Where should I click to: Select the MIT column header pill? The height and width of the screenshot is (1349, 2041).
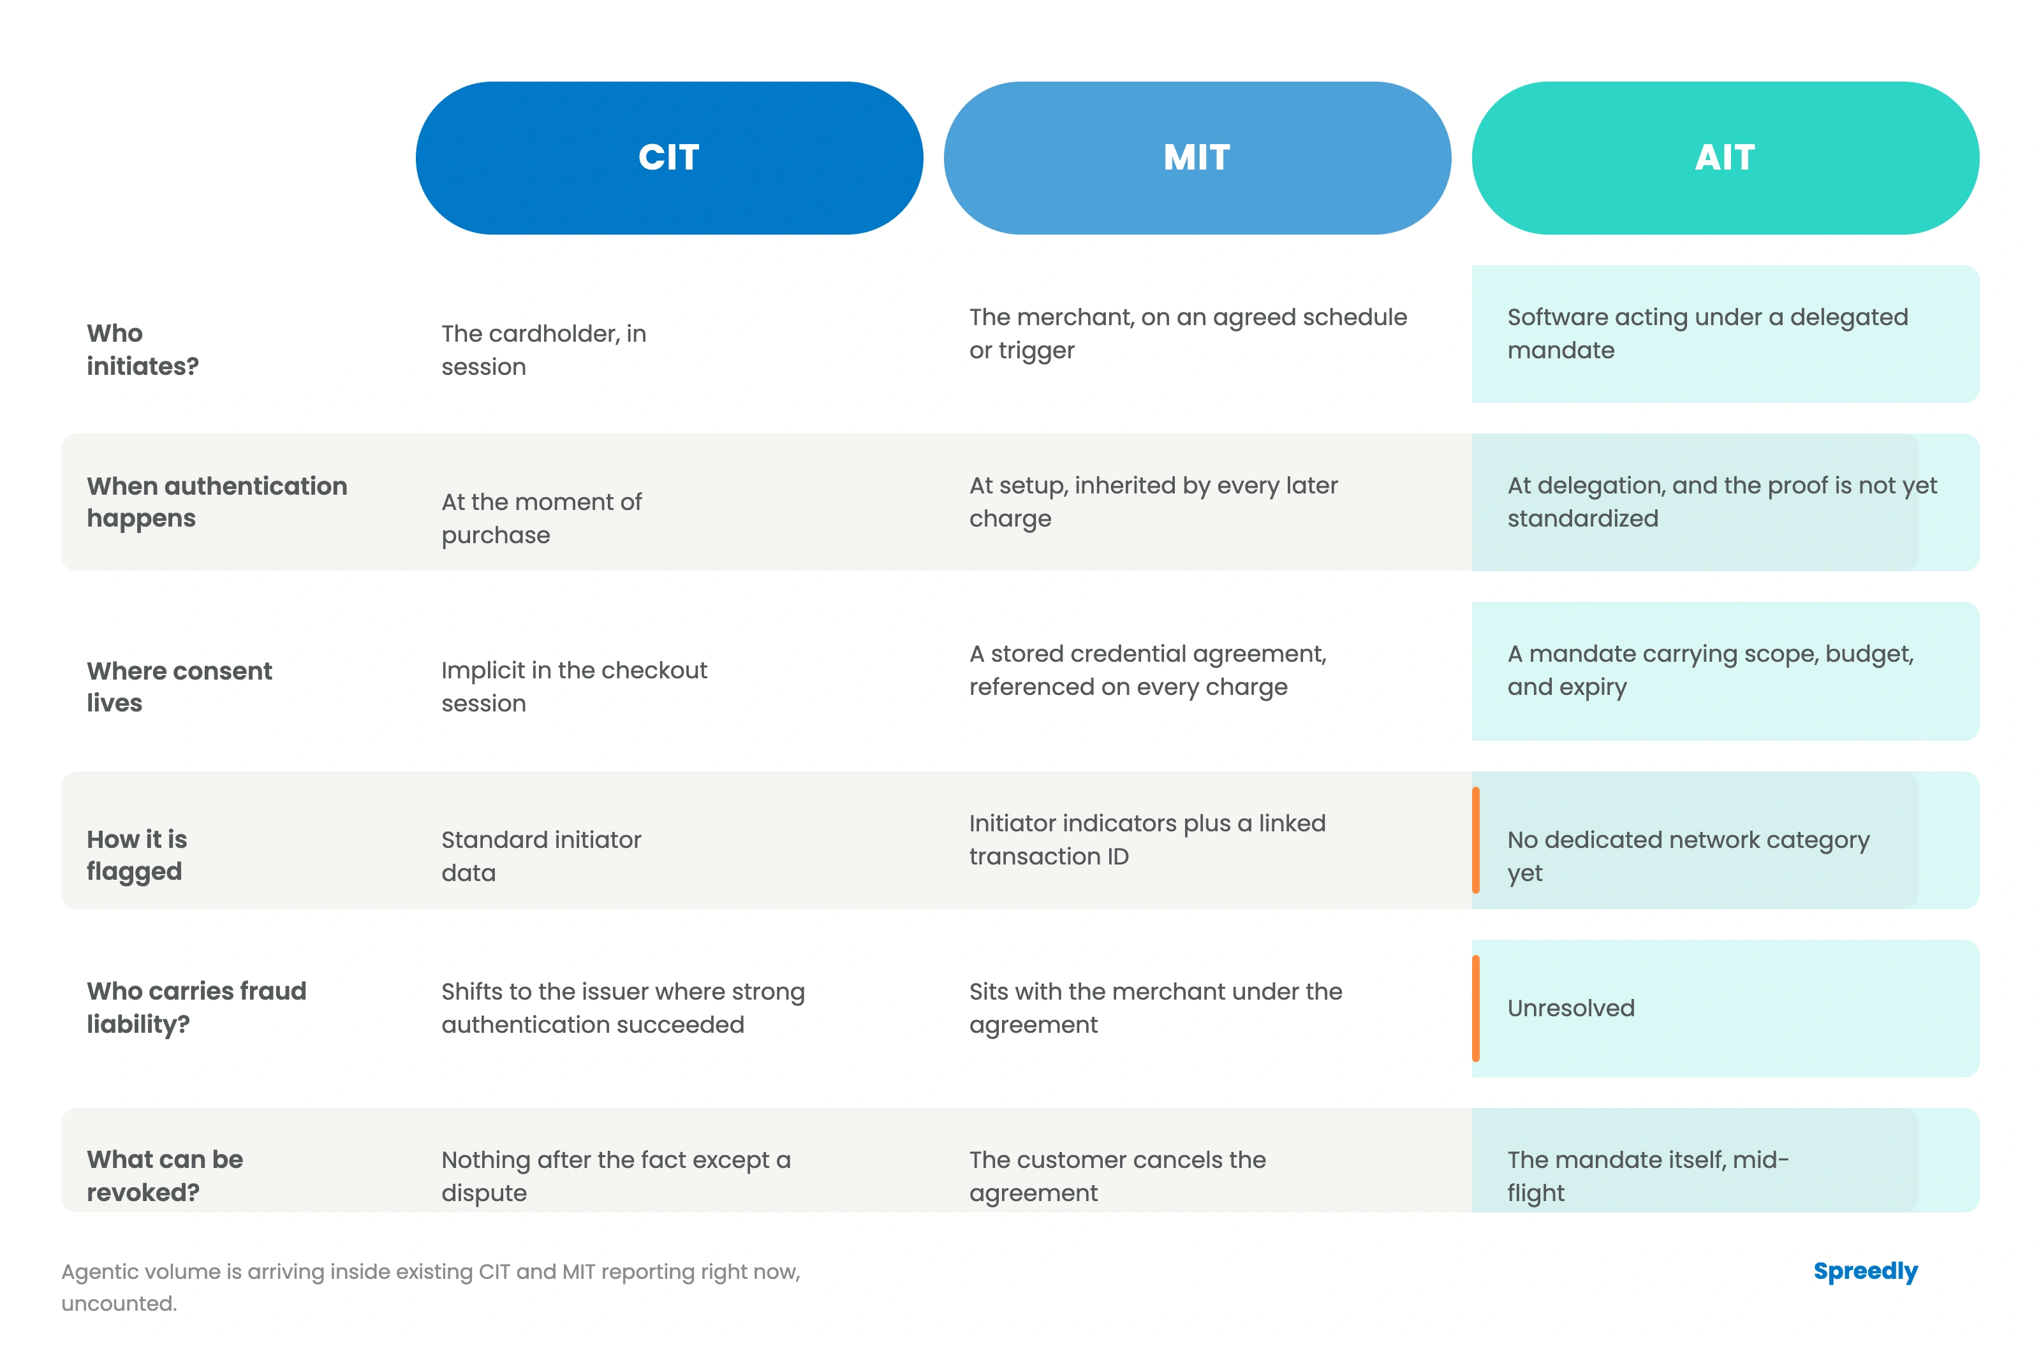click(x=1197, y=157)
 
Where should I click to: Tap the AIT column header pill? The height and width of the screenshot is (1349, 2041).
click(x=1725, y=157)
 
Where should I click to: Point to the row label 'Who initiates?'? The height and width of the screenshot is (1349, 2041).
click(x=143, y=349)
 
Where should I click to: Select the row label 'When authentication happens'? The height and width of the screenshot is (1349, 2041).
click(x=217, y=502)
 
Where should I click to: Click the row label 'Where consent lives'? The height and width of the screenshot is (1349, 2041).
click(x=179, y=687)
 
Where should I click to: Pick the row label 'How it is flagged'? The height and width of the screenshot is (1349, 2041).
click(x=137, y=855)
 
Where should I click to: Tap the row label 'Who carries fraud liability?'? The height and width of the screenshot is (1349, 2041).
click(x=196, y=1007)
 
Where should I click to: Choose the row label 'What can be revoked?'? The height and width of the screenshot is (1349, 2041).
click(x=165, y=1175)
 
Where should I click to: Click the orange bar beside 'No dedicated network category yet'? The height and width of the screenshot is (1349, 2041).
click(x=1476, y=840)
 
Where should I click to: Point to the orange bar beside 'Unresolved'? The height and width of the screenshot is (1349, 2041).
click(x=1476, y=1009)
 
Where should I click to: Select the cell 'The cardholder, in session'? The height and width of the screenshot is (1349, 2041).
click(x=544, y=349)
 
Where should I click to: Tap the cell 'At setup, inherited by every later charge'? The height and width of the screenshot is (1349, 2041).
click(x=1153, y=502)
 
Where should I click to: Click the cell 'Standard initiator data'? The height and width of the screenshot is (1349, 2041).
click(x=542, y=856)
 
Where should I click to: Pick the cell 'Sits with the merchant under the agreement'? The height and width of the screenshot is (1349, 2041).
click(x=1156, y=1007)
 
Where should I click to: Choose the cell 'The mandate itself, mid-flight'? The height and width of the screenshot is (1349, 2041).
click(x=1647, y=1175)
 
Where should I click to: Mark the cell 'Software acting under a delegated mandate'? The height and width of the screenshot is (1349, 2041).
click(x=1707, y=333)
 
